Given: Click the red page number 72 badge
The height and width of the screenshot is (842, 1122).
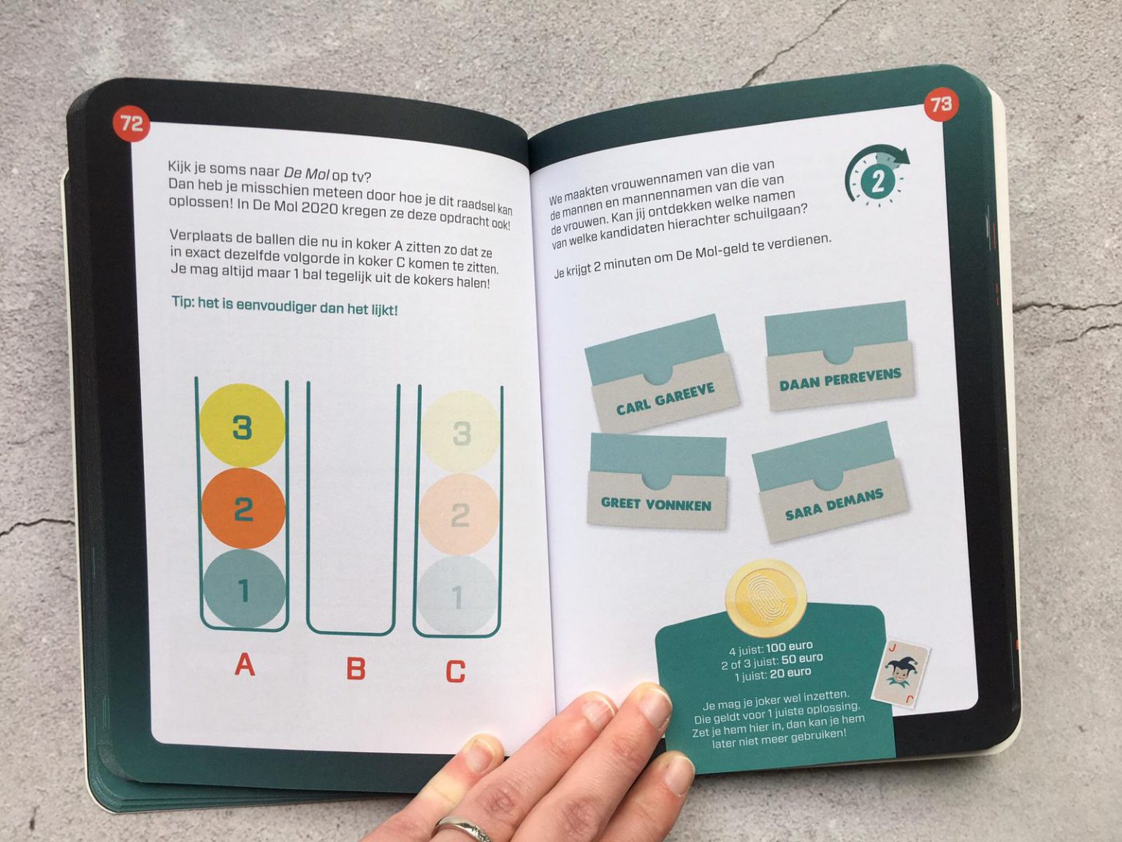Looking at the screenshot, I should click(x=131, y=124).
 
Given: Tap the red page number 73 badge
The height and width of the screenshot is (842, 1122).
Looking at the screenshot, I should click(x=942, y=105).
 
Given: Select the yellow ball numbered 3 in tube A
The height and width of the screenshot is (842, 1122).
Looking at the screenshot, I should click(x=242, y=426).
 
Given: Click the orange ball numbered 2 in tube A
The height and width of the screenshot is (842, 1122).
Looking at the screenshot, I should click(x=243, y=509).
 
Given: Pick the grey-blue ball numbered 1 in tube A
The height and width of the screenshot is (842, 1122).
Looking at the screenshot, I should click(x=244, y=589).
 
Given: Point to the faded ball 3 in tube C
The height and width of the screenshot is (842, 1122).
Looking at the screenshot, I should click(x=460, y=433).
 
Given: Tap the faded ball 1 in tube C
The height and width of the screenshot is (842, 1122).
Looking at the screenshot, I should click(x=458, y=596).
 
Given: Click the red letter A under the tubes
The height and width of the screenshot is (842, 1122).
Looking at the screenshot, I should click(x=245, y=664).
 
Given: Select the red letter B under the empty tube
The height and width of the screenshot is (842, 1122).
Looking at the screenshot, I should click(x=356, y=668).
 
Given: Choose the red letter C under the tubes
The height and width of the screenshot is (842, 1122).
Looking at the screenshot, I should click(x=455, y=671).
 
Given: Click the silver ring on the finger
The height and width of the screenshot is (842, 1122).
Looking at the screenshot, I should click(x=461, y=828).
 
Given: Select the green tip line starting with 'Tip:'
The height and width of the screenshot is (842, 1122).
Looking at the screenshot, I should click(x=284, y=306).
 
